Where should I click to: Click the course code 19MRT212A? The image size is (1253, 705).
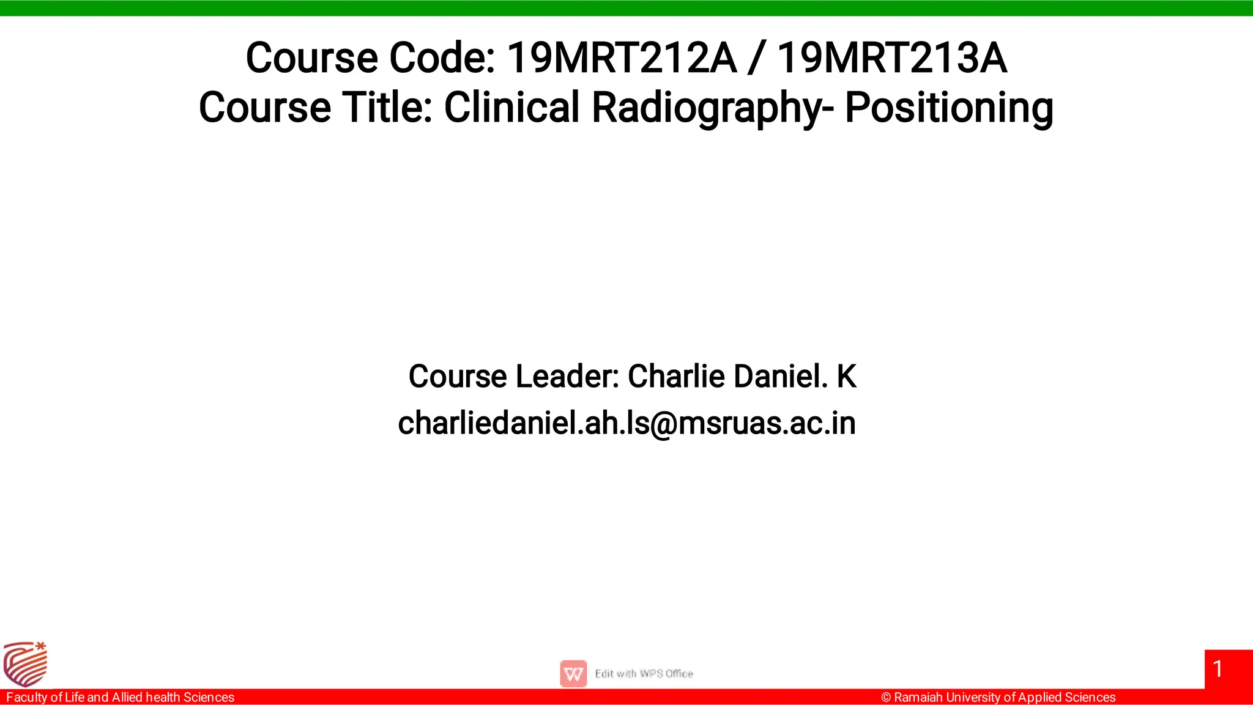[622, 58]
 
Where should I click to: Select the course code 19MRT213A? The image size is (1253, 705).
[891, 58]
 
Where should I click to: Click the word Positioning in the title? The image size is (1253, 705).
[949, 108]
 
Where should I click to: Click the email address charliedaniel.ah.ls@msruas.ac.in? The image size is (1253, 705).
[626, 423]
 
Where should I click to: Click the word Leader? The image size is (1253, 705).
[567, 376]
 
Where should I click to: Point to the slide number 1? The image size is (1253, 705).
[1218, 669]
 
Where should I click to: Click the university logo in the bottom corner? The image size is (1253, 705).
[25, 664]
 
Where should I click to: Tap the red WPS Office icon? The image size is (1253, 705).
[573, 674]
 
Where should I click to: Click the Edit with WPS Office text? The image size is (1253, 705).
[644, 674]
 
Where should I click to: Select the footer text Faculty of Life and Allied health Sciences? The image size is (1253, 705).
[120, 697]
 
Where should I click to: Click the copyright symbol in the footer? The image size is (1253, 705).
[886, 698]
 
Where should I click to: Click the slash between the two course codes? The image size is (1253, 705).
[757, 58]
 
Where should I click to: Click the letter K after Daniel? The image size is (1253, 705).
[847, 376]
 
